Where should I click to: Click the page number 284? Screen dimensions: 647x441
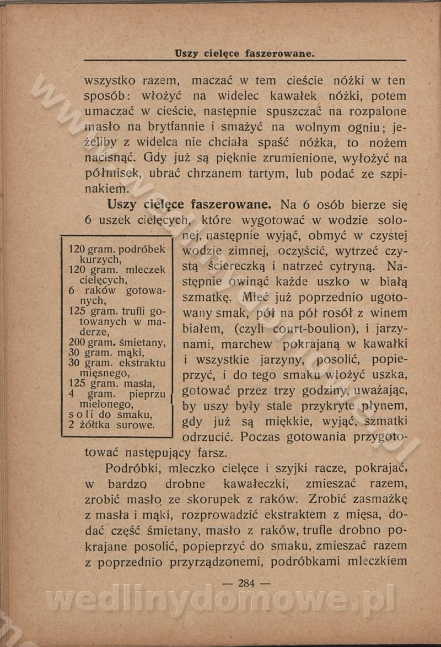point(246,583)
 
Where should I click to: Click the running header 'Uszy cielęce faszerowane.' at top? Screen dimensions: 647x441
point(245,53)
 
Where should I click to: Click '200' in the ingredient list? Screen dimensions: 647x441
point(77,342)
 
